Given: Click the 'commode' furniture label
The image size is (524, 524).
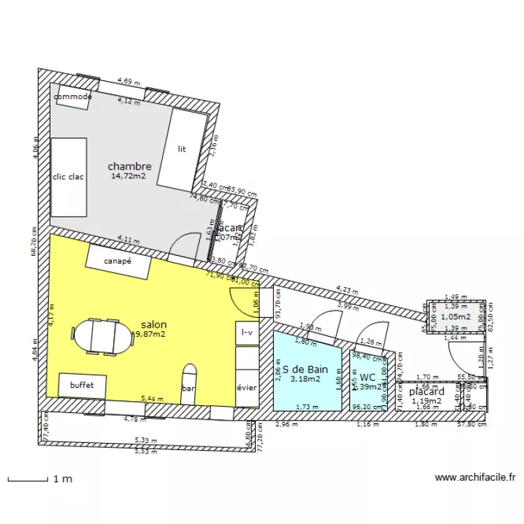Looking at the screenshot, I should [x=73, y=97].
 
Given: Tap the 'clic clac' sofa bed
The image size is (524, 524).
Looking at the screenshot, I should [x=68, y=177].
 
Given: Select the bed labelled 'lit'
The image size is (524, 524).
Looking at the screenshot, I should [x=182, y=149].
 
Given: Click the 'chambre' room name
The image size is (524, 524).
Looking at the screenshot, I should [x=129, y=166].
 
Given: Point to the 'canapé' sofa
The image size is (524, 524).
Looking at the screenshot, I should [x=118, y=261].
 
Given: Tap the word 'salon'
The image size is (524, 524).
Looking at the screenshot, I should [x=154, y=325].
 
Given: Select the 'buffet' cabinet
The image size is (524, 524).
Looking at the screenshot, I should [x=82, y=385].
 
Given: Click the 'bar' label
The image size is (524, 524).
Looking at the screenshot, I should [x=188, y=388].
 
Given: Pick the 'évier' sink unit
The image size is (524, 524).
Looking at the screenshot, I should [x=247, y=388].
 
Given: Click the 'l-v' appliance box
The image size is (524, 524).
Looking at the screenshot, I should [x=247, y=333].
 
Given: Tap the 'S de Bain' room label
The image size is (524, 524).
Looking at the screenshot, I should [x=305, y=369].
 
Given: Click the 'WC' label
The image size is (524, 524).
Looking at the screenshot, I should [x=368, y=377].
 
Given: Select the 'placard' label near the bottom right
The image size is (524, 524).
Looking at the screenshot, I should [x=426, y=391].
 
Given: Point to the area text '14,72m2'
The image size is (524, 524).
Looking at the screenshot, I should [x=129, y=177].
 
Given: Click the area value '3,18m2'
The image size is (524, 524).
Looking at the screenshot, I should [x=305, y=379].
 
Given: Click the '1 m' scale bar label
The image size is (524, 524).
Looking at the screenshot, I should [x=63, y=479].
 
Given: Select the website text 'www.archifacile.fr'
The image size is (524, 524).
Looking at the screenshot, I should [x=475, y=479].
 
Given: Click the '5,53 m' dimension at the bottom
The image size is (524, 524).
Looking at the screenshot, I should [x=146, y=452].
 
